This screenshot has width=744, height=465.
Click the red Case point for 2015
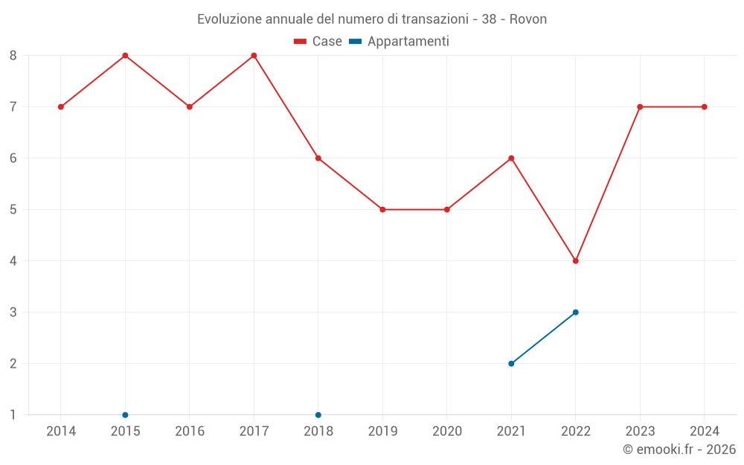(x=125, y=55)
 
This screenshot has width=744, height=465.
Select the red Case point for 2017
(x=254, y=55)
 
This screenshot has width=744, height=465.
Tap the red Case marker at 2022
(x=576, y=260)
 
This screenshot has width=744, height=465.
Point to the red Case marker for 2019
(x=382, y=209)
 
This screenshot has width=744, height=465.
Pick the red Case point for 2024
(x=705, y=106)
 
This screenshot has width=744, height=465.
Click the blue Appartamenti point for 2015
(x=125, y=414)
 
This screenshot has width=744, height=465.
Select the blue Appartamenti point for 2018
(x=318, y=414)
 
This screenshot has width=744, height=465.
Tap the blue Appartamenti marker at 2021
(x=511, y=363)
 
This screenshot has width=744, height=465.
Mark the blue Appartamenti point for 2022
(x=576, y=312)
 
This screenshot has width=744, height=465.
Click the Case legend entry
(x=318, y=42)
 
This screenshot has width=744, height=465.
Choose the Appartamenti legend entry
(x=400, y=42)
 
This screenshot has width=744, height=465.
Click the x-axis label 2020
(x=447, y=431)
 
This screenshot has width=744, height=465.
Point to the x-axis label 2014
(x=61, y=431)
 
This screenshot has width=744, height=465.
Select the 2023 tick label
(x=640, y=431)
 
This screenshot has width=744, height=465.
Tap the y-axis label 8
(x=13, y=55)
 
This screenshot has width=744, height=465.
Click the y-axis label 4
(x=13, y=260)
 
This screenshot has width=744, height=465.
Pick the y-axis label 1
(x=13, y=414)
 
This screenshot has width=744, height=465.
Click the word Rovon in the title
(x=528, y=19)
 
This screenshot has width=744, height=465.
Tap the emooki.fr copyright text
(x=679, y=449)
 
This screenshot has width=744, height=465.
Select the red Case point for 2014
(x=61, y=106)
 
